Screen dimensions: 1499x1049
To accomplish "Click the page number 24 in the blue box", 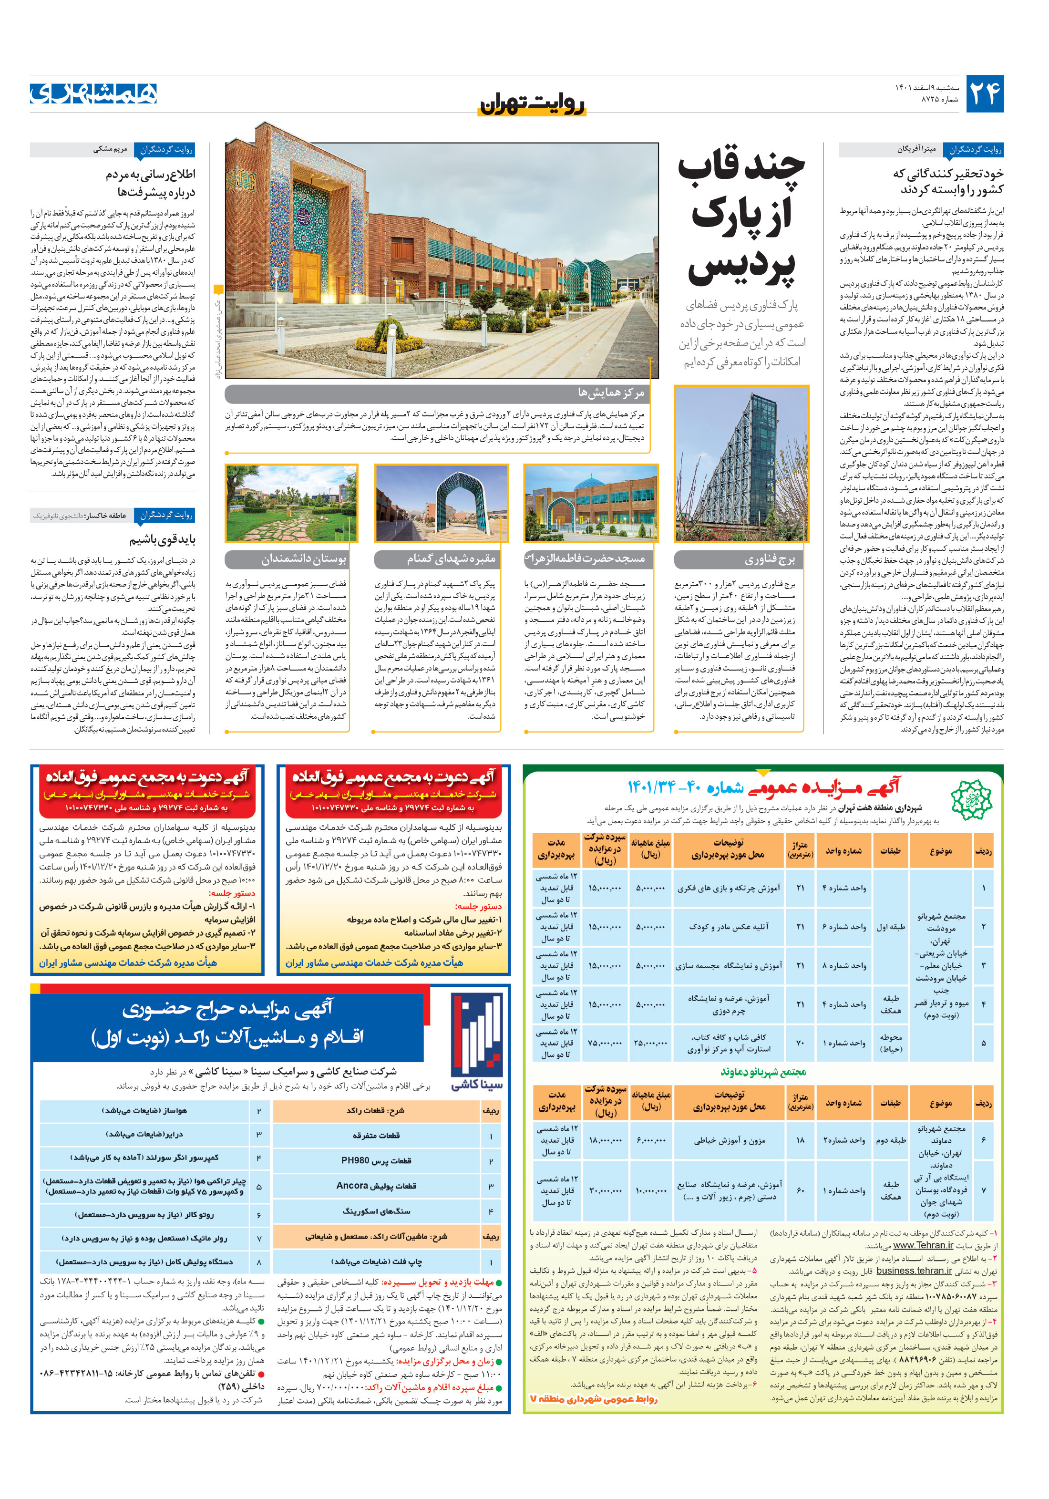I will pos(984,93).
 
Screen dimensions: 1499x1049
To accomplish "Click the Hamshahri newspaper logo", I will pos(93,93).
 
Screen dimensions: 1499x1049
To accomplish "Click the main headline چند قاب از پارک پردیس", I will pos(741,216).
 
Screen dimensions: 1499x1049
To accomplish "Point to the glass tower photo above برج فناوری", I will pos(741,464).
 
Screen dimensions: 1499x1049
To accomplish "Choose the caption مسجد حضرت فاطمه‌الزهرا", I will pos(591,559).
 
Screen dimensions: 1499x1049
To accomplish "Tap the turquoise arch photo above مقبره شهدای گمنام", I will pos(441,503).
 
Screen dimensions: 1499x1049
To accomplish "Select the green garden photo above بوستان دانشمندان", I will pos(291,503).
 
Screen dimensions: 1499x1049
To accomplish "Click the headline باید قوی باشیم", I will pos(163,540).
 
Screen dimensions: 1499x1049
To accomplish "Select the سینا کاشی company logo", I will pos(476,1043).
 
